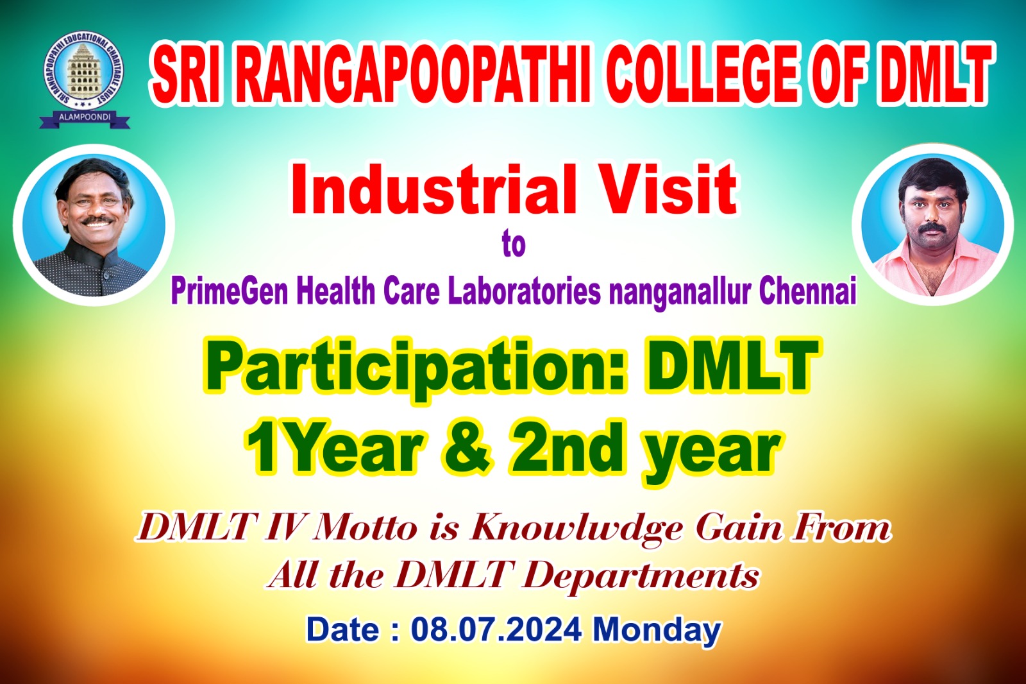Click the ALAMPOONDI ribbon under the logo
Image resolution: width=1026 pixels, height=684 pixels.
point(85,118)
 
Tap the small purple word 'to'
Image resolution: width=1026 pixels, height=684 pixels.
point(514,245)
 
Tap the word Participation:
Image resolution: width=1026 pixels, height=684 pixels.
point(415,370)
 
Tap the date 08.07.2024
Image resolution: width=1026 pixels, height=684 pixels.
point(496,630)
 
